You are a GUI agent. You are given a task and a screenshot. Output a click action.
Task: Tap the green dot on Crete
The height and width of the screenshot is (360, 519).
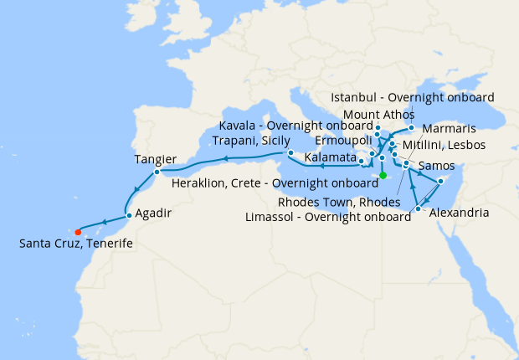coord(383,175)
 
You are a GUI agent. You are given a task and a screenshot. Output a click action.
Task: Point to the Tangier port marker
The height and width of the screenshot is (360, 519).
coord(157,172)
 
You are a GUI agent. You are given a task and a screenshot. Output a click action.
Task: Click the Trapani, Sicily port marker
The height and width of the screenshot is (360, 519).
coord(290,153)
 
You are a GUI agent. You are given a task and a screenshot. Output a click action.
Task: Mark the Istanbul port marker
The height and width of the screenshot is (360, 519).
coord(412,128)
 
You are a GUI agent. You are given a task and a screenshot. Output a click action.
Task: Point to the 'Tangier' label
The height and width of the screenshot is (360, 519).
coord(155,159)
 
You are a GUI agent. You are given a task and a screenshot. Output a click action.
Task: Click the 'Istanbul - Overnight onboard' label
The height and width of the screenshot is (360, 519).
coord(413,97)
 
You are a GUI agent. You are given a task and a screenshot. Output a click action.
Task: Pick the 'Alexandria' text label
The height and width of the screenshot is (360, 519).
coord(459,213)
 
